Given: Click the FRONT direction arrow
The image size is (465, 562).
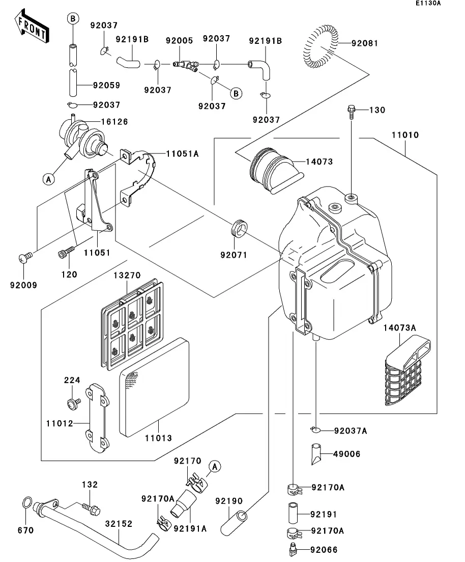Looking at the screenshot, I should pyautogui.click(x=32, y=28).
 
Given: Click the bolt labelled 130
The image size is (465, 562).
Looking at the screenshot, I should pyautogui.click(x=352, y=111).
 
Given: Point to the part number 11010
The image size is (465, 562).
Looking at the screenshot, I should pyautogui.click(x=405, y=136).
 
